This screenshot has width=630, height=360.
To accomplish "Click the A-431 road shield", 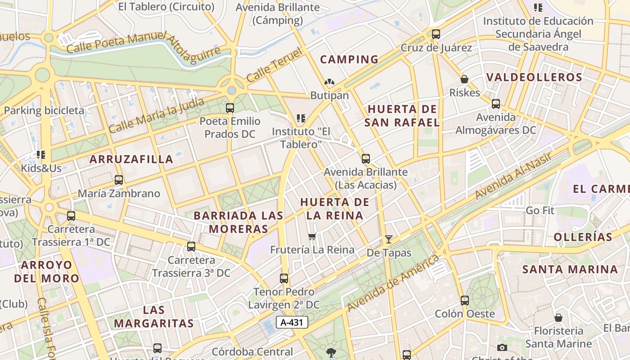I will (292, 322).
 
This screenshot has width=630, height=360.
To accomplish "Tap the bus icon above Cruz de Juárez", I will (436, 34).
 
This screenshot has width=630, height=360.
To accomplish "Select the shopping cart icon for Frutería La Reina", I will (312, 236).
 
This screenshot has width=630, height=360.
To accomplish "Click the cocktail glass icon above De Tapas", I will (389, 239).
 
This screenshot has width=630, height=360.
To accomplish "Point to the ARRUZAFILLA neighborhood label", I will (131, 159).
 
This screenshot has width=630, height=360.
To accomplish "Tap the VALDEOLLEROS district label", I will (534, 77).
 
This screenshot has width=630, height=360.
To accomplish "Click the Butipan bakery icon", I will (329, 82).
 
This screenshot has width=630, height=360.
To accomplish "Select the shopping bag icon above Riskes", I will (464, 80).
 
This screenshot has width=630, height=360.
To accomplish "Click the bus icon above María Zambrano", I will (119, 180).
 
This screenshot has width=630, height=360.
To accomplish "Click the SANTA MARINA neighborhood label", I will (570, 270).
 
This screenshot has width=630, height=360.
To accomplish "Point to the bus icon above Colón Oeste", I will (464, 300).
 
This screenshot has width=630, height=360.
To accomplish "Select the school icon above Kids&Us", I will (41, 155).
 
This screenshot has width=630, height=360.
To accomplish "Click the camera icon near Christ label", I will (502, 347).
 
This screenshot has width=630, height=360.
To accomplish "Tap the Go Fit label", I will (540, 211).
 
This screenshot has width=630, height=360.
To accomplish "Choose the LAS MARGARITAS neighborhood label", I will (153, 317).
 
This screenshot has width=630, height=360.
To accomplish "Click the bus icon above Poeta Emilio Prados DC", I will (230, 108).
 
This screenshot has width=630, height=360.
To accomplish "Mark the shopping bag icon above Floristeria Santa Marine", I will (558, 318).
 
